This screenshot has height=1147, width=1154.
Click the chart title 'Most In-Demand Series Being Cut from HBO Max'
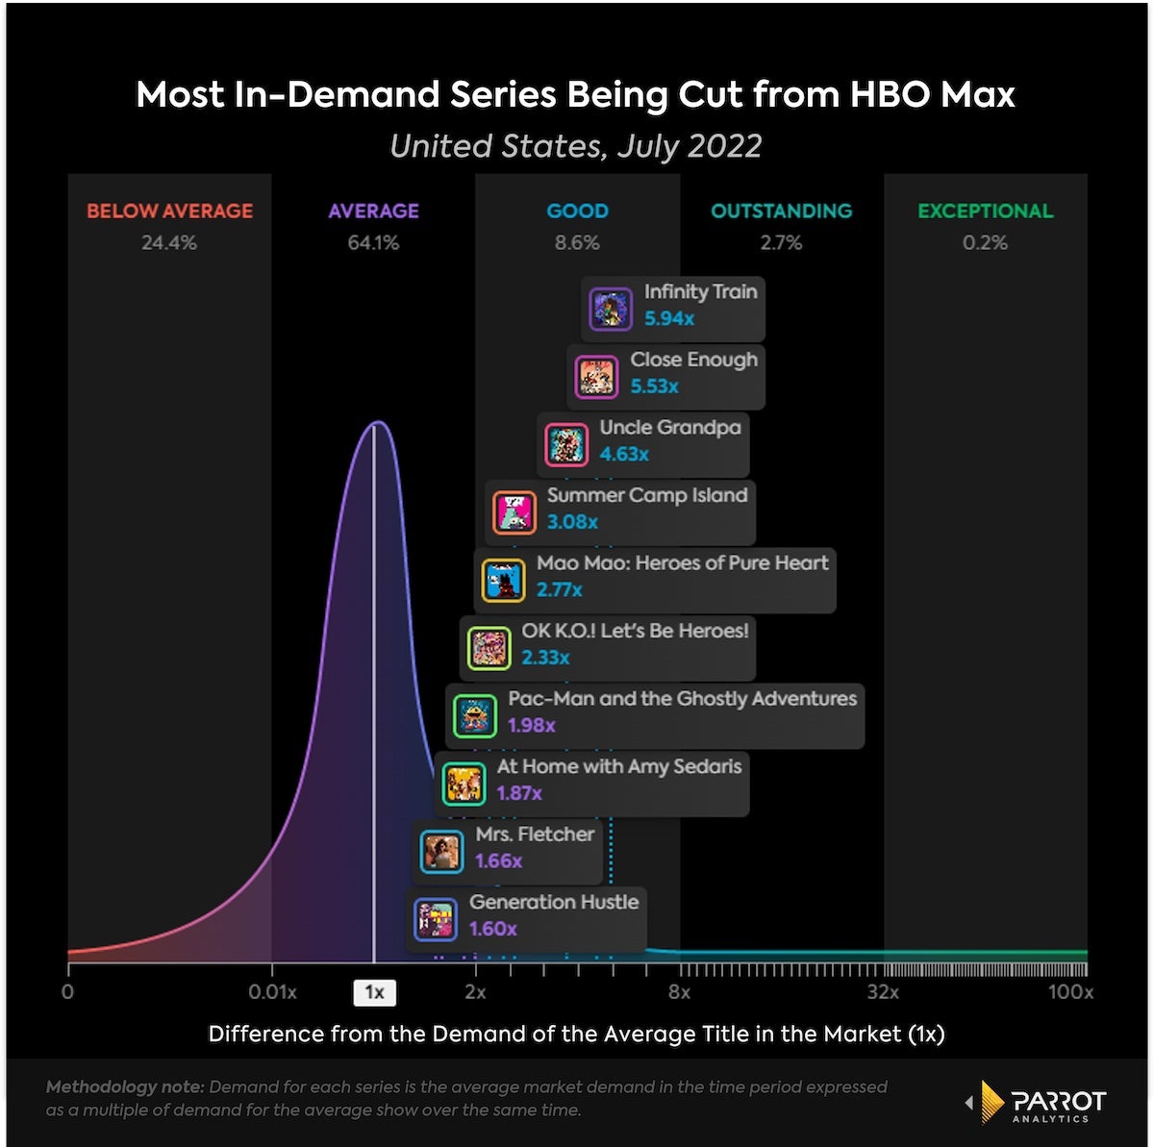[x=575, y=95]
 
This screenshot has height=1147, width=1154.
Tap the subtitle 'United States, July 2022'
[x=575, y=146]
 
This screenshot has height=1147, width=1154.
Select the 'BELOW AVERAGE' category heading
[x=169, y=212]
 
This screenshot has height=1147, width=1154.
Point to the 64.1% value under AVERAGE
[x=373, y=243]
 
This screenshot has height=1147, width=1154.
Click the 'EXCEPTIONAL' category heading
[x=985, y=212]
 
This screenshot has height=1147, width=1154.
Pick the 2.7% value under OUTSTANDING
[x=781, y=243]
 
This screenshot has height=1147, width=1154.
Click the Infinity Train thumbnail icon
[x=611, y=309]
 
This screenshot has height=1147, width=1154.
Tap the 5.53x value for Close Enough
[x=654, y=386]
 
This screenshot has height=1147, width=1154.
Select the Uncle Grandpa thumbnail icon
[x=565, y=445]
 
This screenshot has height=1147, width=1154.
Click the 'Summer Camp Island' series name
[x=647, y=496]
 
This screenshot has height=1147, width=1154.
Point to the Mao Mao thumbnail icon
[x=503, y=581]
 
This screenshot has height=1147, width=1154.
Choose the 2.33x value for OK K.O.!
[x=545, y=659]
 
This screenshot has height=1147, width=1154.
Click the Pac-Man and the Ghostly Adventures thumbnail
[x=475, y=716]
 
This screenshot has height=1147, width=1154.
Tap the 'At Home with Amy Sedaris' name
[x=619, y=767]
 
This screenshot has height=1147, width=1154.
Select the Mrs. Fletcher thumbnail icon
[x=442, y=852]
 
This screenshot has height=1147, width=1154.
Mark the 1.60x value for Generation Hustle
[x=492, y=930]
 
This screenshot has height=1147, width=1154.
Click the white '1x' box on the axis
[x=374, y=992]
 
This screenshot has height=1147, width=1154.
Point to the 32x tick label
[x=882, y=992]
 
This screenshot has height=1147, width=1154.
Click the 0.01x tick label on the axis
[x=272, y=992]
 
